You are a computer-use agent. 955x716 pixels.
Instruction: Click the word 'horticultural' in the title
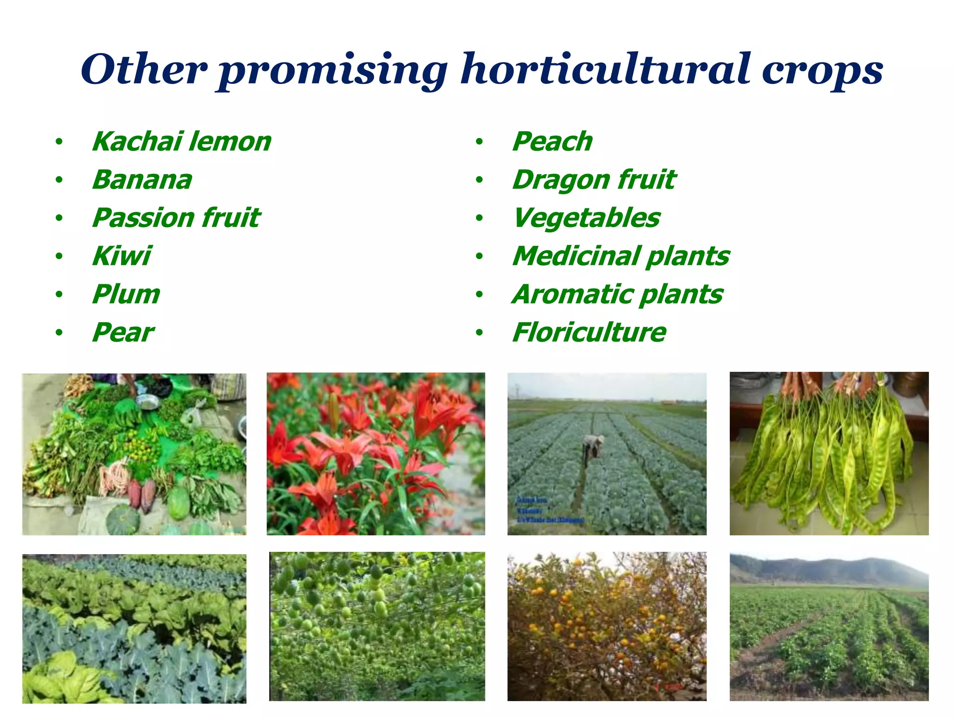click(x=605, y=70)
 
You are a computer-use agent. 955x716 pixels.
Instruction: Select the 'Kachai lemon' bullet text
click(x=181, y=142)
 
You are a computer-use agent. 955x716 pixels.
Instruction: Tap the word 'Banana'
click(x=142, y=180)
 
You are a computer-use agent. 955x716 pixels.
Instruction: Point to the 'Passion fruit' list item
click(x=176, y=218)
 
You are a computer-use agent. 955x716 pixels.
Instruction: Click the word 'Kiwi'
click(x=122, y=256)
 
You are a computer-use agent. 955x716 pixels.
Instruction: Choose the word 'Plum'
click(x=126, y=294)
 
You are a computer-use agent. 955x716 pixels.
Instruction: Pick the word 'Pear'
click(x=123, y=332)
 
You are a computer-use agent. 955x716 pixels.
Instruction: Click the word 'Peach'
click(x=552, y=142)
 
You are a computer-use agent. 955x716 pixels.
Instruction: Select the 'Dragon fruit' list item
click(x=594, y=180)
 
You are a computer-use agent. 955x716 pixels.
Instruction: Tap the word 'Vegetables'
click(x=586, y=218)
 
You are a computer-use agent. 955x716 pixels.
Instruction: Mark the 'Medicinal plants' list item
click(x=621, y=256)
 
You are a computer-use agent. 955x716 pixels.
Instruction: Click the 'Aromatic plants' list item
click(x=617, y=294)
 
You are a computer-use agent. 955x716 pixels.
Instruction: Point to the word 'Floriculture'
click(x=589, y=332)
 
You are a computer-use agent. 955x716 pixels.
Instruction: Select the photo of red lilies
click(x=375, y=454)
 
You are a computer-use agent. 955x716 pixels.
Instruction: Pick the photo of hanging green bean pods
click(x=829, y=454)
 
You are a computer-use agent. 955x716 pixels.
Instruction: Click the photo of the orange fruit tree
click(x=607, y=626)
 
